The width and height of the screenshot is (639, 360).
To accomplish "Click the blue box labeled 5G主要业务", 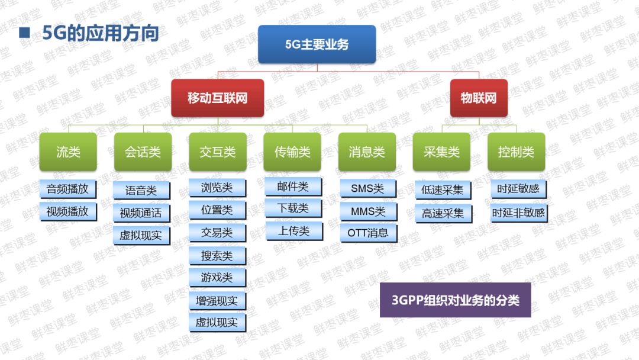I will click(x=317, y=44).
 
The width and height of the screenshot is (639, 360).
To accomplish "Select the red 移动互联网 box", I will click(x=217, y=98).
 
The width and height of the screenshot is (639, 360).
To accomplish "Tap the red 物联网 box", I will click(x=479, y=98).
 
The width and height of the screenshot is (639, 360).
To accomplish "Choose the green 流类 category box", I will click(x=68, y=152).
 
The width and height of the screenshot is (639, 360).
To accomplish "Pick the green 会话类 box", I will click(x=143, y=152).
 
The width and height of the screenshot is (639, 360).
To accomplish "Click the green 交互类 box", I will click(x=217, y=152).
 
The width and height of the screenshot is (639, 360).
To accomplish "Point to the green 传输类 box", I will click(x=292, y=152).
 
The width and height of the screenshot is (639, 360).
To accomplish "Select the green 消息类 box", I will click(x=367, y=152).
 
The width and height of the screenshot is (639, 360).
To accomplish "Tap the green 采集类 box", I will click(x=441, y=152).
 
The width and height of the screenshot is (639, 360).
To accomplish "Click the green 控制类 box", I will click(x=516, y=152).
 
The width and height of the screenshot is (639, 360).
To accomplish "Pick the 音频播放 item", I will click(x=67, y=189).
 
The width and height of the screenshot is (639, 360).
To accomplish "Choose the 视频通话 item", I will click(x=141, y=213).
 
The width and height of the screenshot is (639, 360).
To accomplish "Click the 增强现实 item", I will click(x=217, y=301).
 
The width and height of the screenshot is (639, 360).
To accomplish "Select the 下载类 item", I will click(x=293, y=208).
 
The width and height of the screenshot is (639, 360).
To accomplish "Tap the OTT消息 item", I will click(x=368, y=233).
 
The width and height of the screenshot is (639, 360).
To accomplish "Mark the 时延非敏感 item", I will click(x=518, y=212).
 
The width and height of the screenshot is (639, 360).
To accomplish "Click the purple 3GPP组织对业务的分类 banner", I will click(x=455, y=300).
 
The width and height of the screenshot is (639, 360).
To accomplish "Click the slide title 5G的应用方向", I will click(x=101, y=33).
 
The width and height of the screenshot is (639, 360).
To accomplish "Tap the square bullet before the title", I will click(x=24, y=33).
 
